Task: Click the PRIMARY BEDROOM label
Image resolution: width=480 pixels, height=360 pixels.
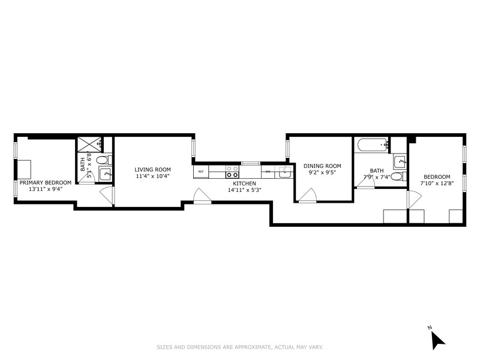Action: (46, 182)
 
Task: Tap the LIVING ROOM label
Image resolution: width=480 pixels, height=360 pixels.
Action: (152, 169)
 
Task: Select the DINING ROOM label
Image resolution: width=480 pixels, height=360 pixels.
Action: (322, 166)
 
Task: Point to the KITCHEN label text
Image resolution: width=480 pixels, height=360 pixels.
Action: (245, 183)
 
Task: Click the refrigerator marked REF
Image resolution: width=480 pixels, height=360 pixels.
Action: (201, 172)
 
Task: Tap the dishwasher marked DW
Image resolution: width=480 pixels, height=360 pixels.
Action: (268, 172)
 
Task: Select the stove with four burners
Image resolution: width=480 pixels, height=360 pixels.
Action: (232, 172)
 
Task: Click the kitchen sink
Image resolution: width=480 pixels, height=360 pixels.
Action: (284, 172)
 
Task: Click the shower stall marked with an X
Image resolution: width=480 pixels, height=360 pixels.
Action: (86, 144)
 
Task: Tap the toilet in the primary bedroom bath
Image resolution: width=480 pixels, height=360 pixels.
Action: (103, 160)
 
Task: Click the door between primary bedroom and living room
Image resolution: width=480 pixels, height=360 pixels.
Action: (106, 196)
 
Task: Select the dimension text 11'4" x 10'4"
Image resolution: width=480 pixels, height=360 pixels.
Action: (152, 176)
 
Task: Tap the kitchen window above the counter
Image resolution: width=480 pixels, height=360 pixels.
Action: (250, 163)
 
